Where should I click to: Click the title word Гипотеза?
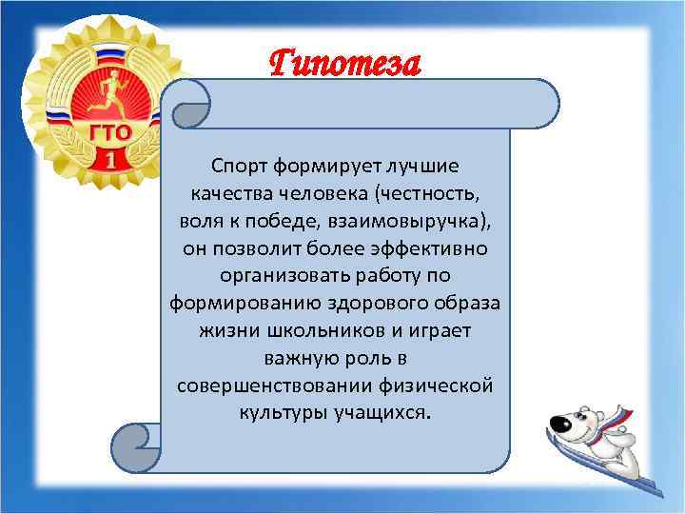point(343,64)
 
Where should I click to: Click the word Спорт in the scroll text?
point(242,167)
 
